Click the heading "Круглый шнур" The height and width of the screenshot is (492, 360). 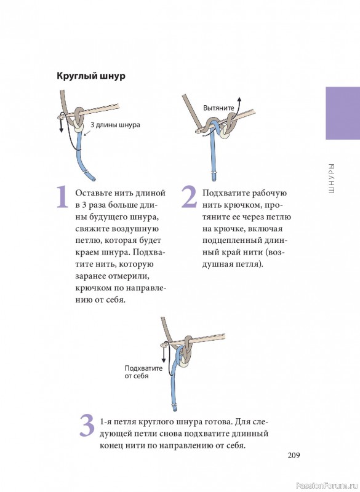[x=91, y=76]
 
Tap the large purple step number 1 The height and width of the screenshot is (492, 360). [x=62, y=197]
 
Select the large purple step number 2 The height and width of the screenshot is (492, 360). [x=190, y=197]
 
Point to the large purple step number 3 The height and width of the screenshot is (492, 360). [x=87, y=426]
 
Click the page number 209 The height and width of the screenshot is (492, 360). [x=294, y=455]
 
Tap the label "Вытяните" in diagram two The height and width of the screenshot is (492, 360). [x=218, y=108]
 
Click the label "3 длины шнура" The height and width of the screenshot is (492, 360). [x=115, y=125]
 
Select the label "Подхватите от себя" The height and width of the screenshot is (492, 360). [x=143, y=372]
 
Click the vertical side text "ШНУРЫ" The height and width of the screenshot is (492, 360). [x=332, y=178]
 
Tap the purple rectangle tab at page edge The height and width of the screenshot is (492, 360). [x=343, y=113]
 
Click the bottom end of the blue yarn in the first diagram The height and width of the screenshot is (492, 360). [x=93, y=179]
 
